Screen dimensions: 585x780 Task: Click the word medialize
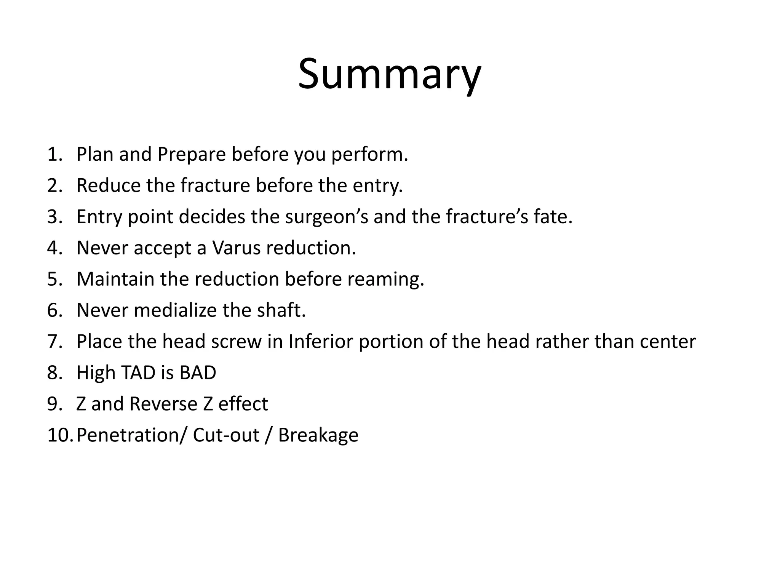click(175, 310)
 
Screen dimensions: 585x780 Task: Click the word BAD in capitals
click(197, 373)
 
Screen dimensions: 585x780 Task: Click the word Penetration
click(129, 435)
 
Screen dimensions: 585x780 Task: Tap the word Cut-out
click(226, 435)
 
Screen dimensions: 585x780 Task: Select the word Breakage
click(318, 435)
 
